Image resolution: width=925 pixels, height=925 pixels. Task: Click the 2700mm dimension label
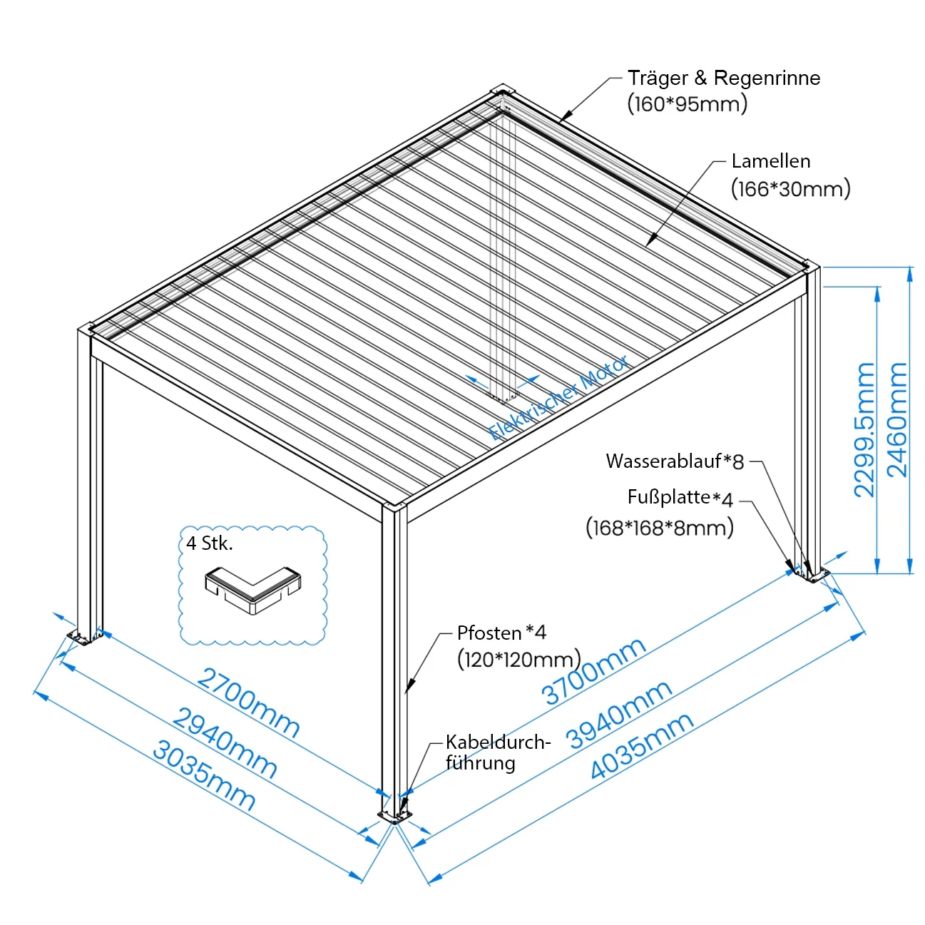[249, 702]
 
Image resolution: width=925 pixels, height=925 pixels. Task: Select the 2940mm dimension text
[225, 743]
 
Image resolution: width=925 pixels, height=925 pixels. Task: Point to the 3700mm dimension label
[593, 671]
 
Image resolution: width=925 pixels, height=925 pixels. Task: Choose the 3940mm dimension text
[619, 715]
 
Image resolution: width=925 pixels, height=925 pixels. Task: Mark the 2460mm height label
[896, 421]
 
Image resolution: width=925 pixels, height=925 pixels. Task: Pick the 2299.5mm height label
[864, 430]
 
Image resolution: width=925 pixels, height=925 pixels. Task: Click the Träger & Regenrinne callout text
[724, 78]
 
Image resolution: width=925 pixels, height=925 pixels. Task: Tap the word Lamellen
[771, 161]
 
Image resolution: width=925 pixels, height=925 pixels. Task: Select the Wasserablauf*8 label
[675, 461]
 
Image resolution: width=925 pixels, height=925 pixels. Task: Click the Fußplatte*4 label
[680, 498]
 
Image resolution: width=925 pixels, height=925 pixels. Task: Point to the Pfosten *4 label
[501, 633]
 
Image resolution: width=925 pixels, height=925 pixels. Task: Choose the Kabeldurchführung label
[498, 752]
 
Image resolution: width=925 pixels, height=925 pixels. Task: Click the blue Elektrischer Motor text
[558, 398]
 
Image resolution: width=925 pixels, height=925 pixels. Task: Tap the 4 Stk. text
[209, 543]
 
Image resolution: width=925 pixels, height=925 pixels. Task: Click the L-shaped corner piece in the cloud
[253, 591]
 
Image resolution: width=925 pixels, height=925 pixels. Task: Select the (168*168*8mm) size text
[660, 528]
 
